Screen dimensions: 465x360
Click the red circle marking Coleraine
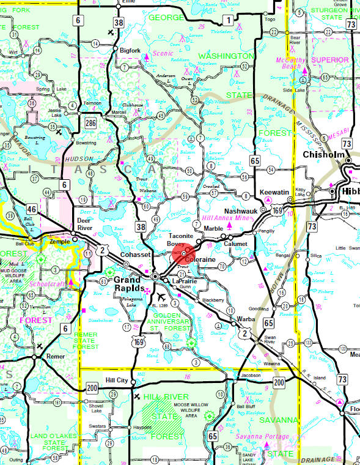(183, 253)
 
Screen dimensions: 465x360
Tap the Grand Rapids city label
(130, 283)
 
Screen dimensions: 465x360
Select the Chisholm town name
(321, 155)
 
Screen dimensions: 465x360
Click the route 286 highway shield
(91, 124)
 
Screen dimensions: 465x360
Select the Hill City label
(117, 380)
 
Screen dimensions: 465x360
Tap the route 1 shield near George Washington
(227, 21)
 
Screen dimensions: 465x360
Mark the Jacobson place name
(251, 375)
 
